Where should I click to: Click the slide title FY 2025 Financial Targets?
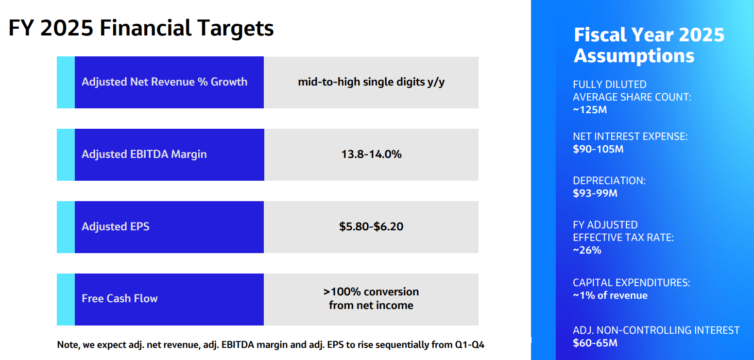tap(141, 28)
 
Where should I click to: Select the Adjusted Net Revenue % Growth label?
tap(164, 82)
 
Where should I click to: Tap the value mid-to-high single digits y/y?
tap(371, 82)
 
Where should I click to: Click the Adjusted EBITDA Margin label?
tap(144, 154)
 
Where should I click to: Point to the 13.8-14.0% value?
tap(371, 154)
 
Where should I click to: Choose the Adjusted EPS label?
tap(116, 226)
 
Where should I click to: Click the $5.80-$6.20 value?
tap(371, 226)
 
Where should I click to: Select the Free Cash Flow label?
tap(120, 298)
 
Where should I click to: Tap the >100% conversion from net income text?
tap(371, 298)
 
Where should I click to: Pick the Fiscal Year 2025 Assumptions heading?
tap(649, 45)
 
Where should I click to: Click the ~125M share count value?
tap(590, 110)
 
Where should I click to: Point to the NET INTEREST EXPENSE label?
tap(630, 137)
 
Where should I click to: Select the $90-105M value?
tap(598, 149)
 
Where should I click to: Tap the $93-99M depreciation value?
tap(595, 193)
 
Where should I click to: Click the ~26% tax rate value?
tap(587, 250)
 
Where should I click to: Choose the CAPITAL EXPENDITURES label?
tap(631, 282)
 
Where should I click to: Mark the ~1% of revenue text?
tap(610, 295)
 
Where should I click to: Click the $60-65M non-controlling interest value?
tap(595, 343)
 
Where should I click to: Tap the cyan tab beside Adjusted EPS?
tap(66, 227)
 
